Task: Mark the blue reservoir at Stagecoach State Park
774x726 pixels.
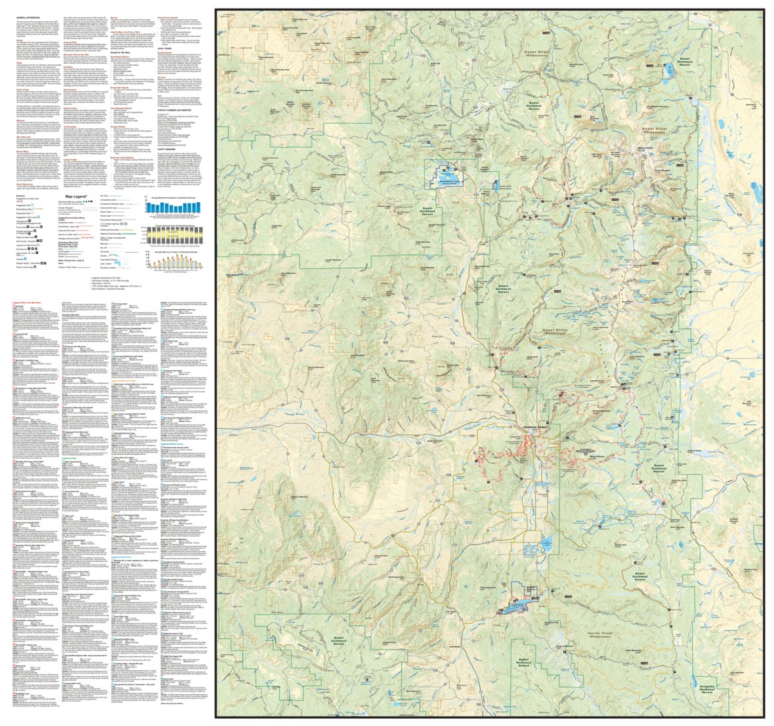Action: pyautogui.click(x=515, y=606)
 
